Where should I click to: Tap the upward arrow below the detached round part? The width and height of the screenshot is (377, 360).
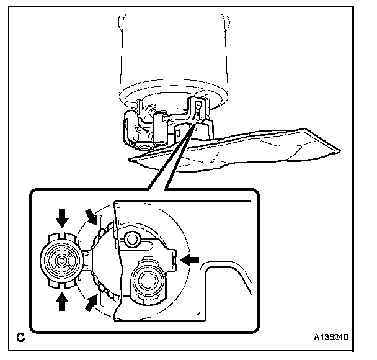[61, 301]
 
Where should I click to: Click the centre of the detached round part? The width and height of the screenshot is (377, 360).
[61, 260]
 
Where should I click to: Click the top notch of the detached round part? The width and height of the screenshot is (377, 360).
[61, 235]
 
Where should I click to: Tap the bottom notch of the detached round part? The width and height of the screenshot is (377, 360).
[61, 286]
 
